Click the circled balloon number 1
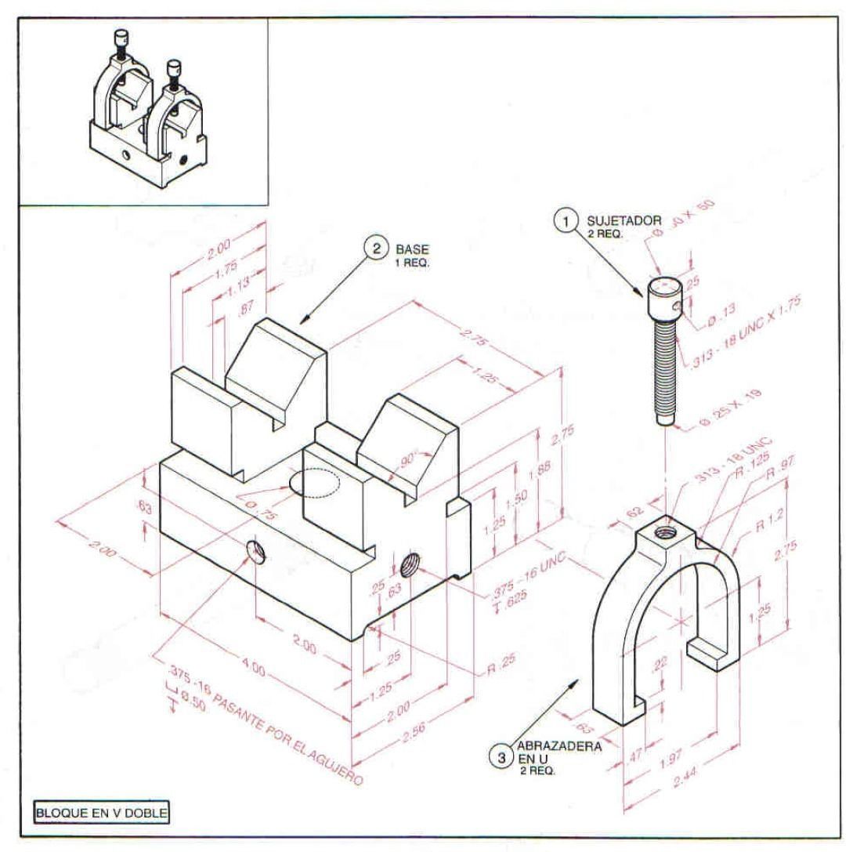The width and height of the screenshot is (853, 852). pyautogui.click(x=565, y=222)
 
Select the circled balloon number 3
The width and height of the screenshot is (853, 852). pyautogui.click(x=501, y=757)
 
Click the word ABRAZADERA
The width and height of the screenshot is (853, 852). pyautogui.click(x=559, y=746)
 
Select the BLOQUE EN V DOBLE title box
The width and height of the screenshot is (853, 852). pyautogui.click(x=100, y=812)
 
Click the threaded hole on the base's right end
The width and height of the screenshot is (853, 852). pyautogui.click(x=409, y=562)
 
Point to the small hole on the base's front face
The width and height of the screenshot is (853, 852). pyautogui.click(x=256, y=553)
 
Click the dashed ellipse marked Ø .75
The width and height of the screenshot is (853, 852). pyautogui.click(x=316, y=483)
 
